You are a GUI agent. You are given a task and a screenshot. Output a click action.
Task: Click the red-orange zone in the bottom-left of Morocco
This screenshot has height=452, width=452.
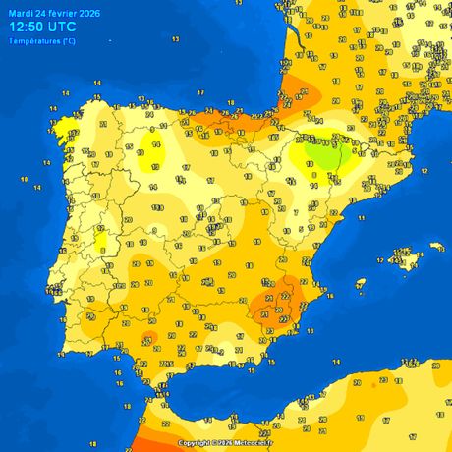click(x=147, y=439)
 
